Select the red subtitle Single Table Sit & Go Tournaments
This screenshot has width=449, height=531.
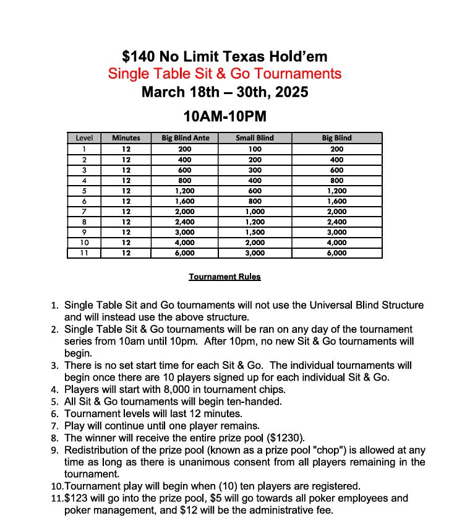click(x=224, y=74)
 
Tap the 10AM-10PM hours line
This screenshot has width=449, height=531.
click(x=224, y=116)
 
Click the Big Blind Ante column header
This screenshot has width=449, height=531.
click(x=186, y=138)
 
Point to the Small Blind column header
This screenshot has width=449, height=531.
click(x=255, y=138)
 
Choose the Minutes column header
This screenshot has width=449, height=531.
click(x=126, y=138)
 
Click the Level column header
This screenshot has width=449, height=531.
click(x=84, y=138)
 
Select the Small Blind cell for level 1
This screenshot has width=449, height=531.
click(x=255, y=149)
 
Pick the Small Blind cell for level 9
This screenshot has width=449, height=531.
click(x=255, y=233)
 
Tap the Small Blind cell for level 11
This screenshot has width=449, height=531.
click(x=255, y=253)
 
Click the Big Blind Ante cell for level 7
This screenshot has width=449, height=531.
click(x=186, y=212)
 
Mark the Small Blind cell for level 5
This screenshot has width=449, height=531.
click(x=255, y=191)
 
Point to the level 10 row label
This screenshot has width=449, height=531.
click(x=84, y=243)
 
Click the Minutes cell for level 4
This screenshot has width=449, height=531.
click(x=126, y=180)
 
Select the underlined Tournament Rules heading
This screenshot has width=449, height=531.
click(x=224, y=277)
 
